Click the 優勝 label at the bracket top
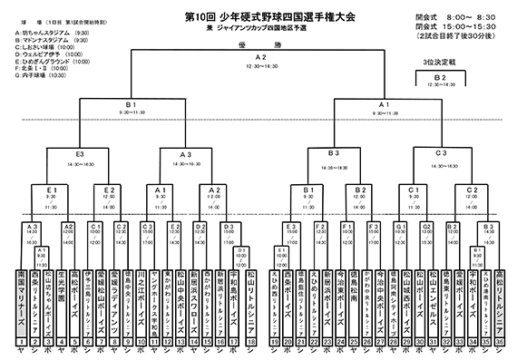260,43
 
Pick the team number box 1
21,338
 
